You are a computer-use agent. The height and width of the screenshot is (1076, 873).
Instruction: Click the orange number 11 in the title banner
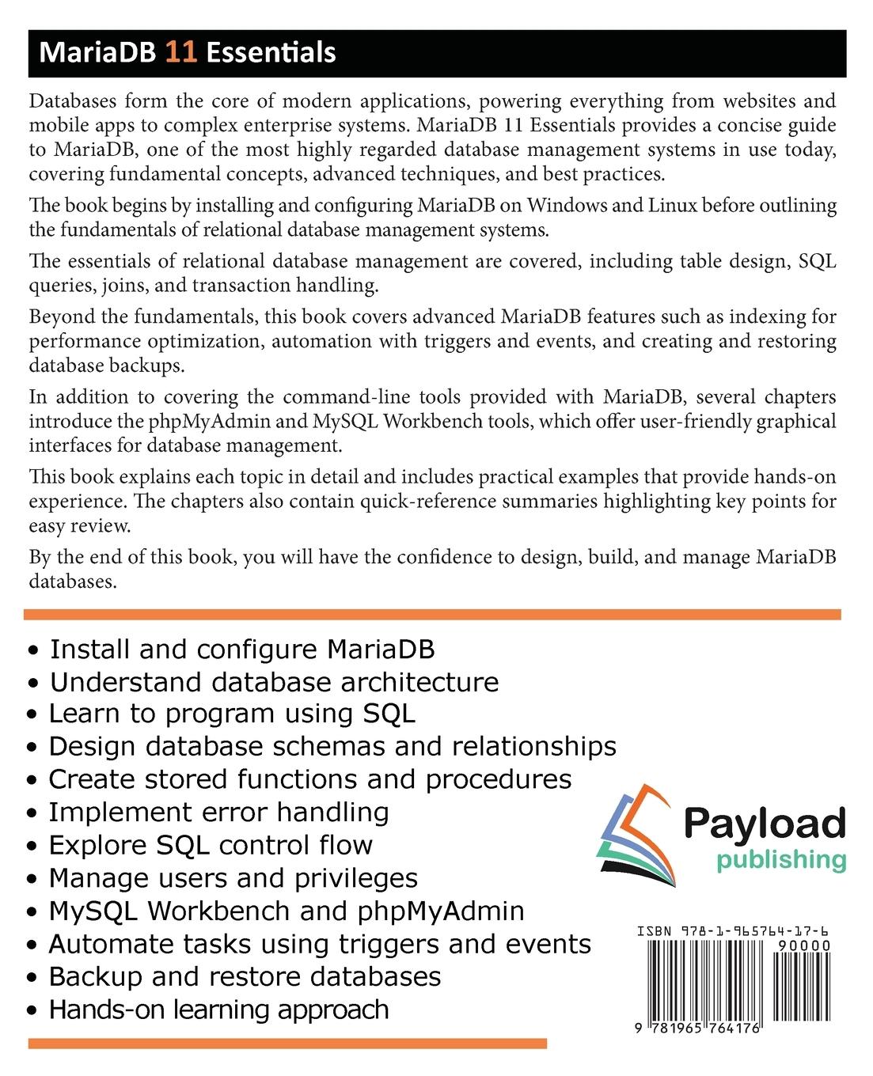click(180, 53)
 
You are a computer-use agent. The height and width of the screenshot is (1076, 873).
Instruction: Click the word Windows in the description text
click(571, 206)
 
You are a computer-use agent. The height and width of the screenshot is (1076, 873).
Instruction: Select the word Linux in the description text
click(671, 206)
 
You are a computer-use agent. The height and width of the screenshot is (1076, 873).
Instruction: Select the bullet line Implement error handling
click(218, 813)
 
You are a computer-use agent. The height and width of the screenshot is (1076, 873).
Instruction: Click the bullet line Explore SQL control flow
click(211, 845)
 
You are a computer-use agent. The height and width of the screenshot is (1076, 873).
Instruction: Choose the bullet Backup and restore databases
click(245, 976)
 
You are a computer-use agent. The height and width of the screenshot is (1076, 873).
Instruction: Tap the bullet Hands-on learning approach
click(218, 1010)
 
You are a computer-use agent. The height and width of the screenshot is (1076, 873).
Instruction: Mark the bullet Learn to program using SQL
click(232, 714)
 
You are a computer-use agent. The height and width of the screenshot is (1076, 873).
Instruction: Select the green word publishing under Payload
click(781, 861)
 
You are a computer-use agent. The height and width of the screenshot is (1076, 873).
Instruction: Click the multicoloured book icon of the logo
click(634, 835)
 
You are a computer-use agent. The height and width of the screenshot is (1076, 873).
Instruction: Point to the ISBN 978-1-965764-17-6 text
click(733, 932)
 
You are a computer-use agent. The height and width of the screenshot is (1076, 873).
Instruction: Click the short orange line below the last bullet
click(287, 1044)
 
